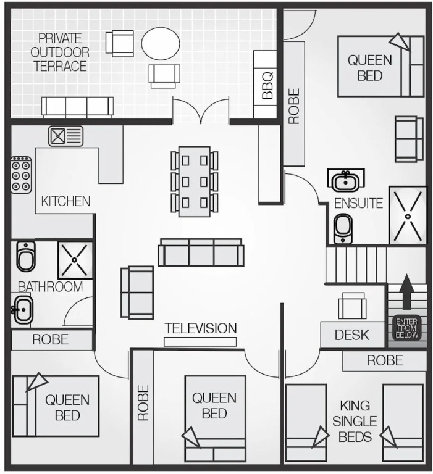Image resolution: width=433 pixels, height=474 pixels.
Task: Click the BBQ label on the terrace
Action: coord(267,86)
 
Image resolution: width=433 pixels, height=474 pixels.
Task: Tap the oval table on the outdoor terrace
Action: coord(161,43)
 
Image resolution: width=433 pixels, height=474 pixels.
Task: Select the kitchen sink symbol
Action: coord(65,136)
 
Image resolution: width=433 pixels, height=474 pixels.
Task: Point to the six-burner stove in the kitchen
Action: coord(21,175)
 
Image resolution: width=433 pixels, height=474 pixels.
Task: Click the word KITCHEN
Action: coord(65,201)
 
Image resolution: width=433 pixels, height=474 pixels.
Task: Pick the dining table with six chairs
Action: coord(195,181)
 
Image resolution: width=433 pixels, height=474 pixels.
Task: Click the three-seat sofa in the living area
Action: coord(201,252)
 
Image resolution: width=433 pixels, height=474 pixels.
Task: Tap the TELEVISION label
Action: coord(201,328)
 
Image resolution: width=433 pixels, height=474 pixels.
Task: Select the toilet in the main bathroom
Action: coord(26,257)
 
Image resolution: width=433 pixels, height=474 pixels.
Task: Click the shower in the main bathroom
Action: coord(75,260)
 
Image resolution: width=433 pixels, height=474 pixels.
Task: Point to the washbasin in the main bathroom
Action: coord(22,309)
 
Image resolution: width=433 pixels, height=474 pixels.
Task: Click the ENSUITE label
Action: coord(358,204)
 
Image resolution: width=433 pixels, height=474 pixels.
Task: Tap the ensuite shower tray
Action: coord(408,215)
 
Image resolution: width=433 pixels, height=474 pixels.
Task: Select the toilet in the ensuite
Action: coord(343,229)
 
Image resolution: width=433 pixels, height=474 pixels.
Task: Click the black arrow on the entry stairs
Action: coord(406,292)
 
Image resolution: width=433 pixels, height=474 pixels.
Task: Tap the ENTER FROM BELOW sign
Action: coord(406,328)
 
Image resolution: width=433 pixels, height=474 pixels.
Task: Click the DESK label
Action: coord(352,335)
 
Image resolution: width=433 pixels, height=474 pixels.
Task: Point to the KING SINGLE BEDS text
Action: coord(355,422)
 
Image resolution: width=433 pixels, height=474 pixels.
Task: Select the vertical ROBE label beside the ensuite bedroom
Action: coord(294,106)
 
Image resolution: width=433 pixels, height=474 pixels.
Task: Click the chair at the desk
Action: coord(353,306)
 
